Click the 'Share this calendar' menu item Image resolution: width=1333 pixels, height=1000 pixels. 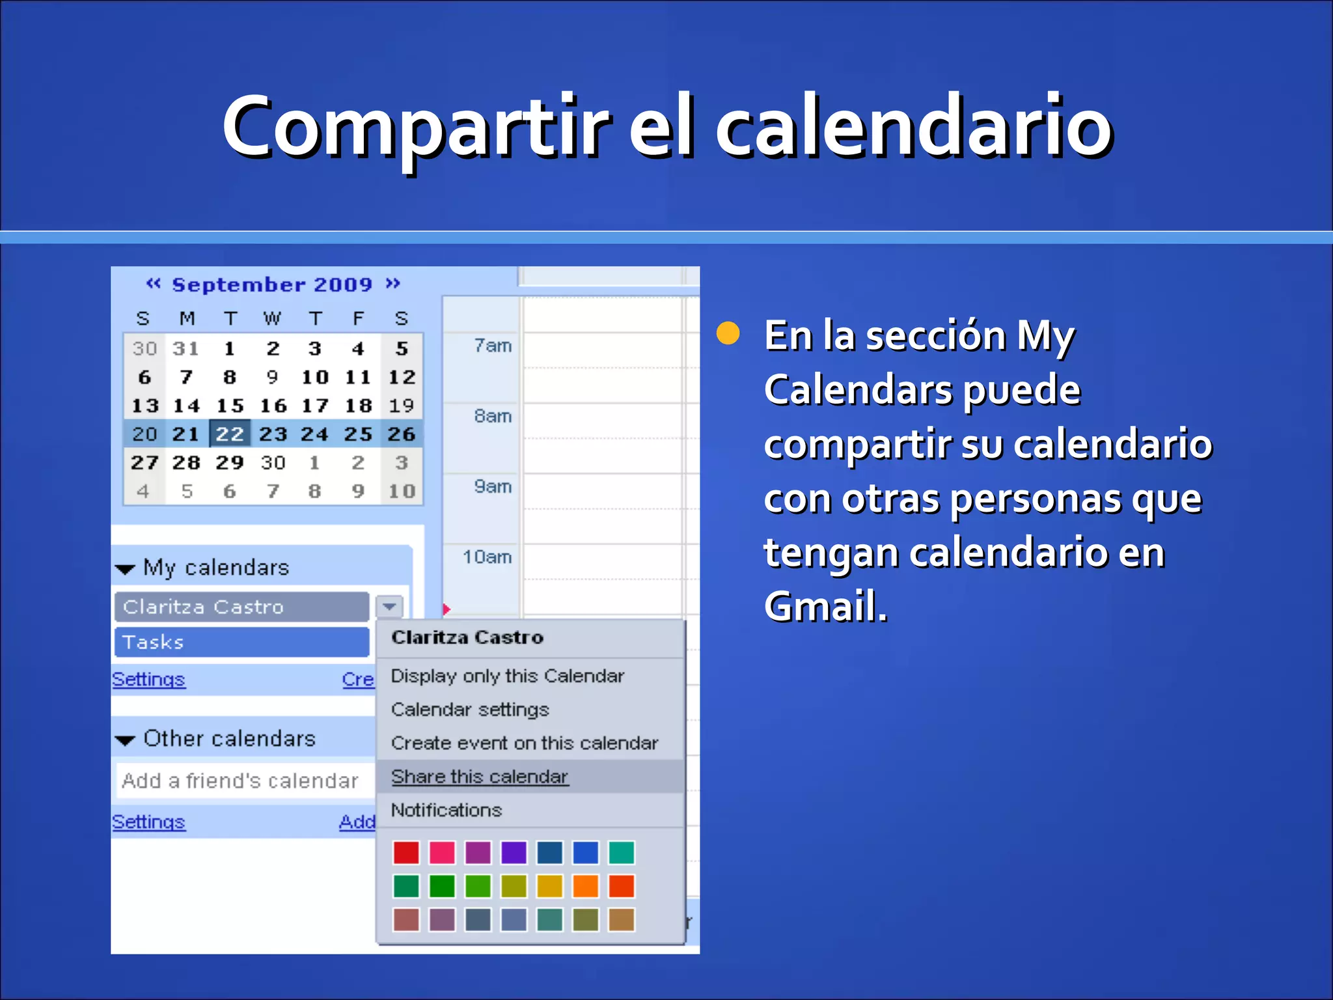[x=480, y=777]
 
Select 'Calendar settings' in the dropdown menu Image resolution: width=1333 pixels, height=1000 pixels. [x=470, y=710]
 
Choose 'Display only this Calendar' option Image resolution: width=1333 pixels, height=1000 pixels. [x=507, y=676]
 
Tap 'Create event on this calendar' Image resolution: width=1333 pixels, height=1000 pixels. [x=525, y=743]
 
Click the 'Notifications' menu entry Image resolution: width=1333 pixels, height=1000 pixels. [x=447, y=811]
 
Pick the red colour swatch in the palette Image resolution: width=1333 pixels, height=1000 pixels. [x=406, y=853]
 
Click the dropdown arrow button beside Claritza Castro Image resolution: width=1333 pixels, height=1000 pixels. [x=389, y=607]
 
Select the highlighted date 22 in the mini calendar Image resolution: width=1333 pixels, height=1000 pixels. [x=229, y=434]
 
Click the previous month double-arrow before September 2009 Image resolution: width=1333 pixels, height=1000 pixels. [x=153, y=284]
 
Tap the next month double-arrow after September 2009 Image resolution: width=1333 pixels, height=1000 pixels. [x=392, y=284]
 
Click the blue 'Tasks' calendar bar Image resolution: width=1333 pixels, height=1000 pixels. [x=241, y=643]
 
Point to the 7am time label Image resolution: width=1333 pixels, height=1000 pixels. [x=493, y=346]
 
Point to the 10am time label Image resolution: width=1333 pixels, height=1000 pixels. [x=488, y=557]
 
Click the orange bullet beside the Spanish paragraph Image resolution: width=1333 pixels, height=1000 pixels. [x=728, y=333]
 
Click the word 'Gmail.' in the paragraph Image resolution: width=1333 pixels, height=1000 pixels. [x=825, y=607]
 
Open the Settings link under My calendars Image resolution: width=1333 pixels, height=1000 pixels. [x=149, y=680]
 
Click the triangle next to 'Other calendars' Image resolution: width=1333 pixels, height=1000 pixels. [x=125, y=740]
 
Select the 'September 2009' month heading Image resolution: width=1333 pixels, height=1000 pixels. [x=272, y=285]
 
